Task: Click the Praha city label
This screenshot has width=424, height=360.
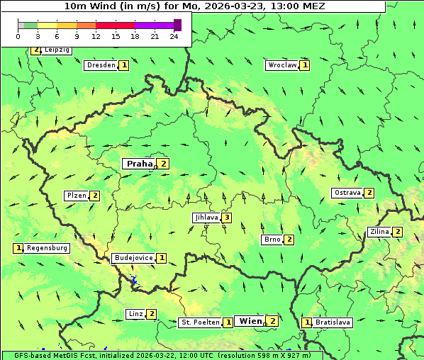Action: point(139,164)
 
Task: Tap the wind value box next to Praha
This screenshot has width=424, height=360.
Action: point(164,164)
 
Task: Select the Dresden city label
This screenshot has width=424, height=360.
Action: point(101,65)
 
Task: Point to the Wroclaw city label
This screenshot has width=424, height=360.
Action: point(281,65)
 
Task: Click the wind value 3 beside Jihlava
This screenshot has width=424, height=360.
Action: point(226,218)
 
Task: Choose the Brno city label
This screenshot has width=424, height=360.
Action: point(272,240)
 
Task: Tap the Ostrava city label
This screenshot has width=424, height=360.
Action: point(347,193)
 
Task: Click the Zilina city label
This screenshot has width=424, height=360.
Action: point(379,232)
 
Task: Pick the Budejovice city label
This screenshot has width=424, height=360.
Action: point(133,258)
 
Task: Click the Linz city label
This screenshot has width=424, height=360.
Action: point(135,314)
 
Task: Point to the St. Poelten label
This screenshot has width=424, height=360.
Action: point(200,322)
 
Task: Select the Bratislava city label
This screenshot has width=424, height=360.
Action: point(333,322)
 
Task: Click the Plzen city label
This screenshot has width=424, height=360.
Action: point(77,196)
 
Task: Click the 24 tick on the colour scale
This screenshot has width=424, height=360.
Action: point(174,36)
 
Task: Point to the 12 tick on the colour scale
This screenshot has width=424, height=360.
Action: point(96,36)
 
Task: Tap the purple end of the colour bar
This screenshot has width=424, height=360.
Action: point(177,25)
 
